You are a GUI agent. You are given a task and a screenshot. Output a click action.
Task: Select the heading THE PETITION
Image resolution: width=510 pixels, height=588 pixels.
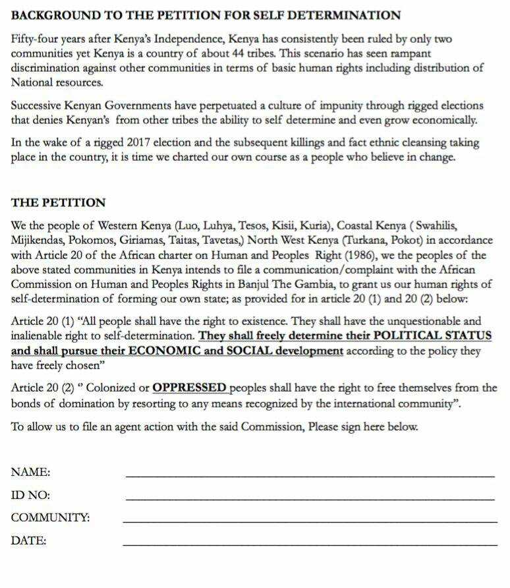click(x=58, y=202)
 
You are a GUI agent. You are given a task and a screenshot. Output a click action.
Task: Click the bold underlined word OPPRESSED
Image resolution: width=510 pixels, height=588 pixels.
click(x=189, y=388)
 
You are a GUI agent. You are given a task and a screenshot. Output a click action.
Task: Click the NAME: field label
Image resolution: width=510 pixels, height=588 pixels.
click(x=30, y=472)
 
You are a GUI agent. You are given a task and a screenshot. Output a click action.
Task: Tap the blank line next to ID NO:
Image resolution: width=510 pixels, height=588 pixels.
click(x=310, y=499)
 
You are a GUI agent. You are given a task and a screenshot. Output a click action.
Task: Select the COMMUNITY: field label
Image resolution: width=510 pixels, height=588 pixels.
click(x=50, y=518)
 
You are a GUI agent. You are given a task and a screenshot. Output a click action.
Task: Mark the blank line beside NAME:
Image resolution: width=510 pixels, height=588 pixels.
click(x=310, y=476)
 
